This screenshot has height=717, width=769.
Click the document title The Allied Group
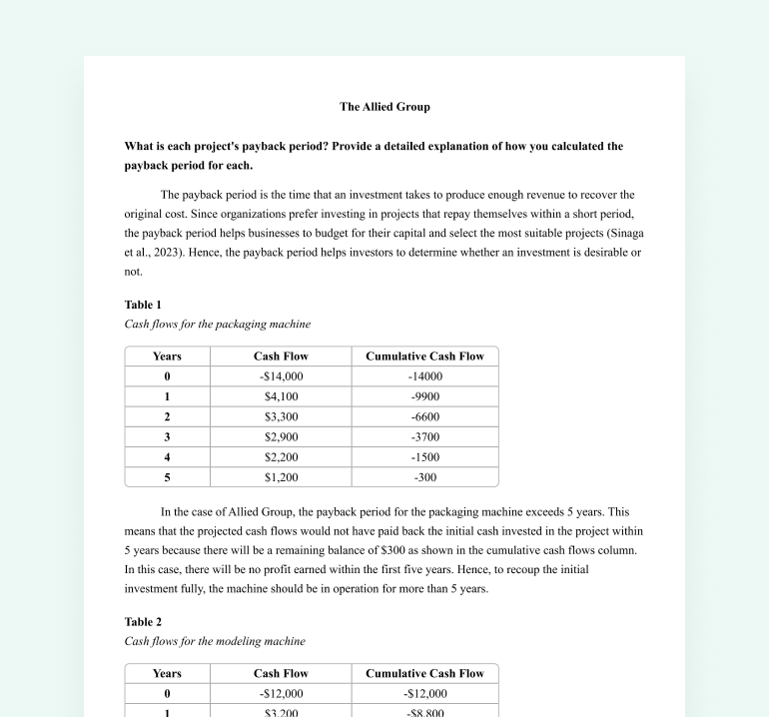(384, 106)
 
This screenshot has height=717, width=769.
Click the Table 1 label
(143, 305)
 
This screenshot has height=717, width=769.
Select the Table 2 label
(143, 622)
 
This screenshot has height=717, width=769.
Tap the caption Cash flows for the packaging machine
(217, 324)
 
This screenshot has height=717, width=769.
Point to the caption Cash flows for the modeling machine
(215, 641)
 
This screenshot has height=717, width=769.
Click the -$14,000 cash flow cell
(281, 376)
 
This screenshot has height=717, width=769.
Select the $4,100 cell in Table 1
(281, 396)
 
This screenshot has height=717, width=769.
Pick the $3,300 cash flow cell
(281, 416)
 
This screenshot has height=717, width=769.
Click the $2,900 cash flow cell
(281, 436)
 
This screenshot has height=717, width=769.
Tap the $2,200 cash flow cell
(281, 456)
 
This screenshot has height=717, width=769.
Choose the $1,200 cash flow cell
(281, 477)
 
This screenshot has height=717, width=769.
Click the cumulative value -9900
(424, 396)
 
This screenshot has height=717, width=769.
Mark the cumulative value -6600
(424, 416)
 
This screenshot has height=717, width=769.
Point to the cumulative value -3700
(424, 436)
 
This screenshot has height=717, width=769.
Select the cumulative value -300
(424, 477)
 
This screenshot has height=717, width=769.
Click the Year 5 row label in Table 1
(167, 477)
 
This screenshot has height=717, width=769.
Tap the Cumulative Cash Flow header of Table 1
(424, 357)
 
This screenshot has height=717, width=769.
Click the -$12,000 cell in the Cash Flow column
(281, 694)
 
